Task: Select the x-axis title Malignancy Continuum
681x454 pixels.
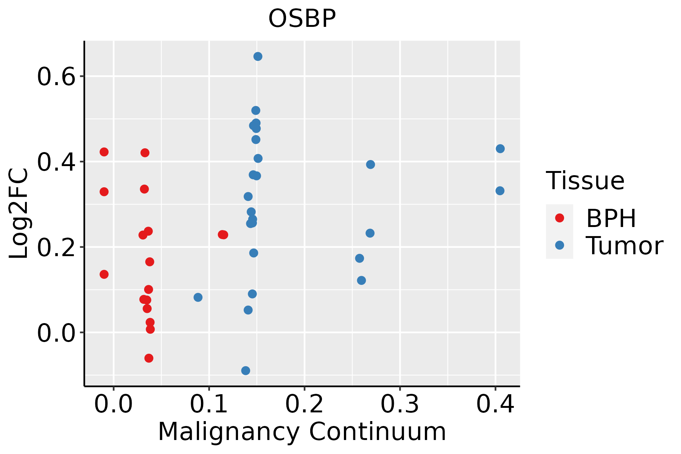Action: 302,432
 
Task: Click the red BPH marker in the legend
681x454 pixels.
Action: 559,218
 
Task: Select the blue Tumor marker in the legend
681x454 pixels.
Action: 559,245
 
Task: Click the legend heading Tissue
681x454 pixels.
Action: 585,181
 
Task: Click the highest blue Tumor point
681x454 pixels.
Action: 258,56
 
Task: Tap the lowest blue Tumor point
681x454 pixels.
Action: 246,370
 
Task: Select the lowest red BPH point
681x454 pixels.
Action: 149,358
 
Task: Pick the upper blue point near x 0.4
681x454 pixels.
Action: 500,149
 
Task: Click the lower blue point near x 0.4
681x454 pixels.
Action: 500,191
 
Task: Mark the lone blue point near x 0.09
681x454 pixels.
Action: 198,297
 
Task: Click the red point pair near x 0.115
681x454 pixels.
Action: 223,235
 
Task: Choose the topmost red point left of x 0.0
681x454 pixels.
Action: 104,152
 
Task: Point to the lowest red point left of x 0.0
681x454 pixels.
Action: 104,274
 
